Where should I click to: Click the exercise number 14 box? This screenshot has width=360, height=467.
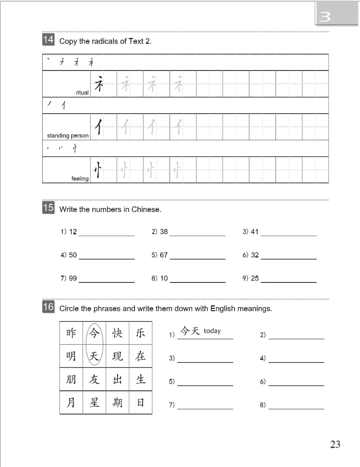pyautogui.click(x=48, y=40)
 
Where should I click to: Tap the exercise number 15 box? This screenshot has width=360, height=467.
pyautogui.click(x=48, y=208)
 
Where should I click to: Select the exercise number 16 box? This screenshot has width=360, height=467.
pyautogui.click(x=48, y=307)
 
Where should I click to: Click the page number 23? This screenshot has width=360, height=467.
pyautogui.click(x=335, y=444)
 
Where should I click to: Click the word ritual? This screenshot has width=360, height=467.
pyautogui.click(x=82, y=93)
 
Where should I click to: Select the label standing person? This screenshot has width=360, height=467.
pyautogui.click(x=68, y=136)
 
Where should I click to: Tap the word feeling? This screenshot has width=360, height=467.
pyautogui.click(x=80, y=178)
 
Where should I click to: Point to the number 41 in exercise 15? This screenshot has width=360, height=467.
pyautogui.click(x=254, y=231)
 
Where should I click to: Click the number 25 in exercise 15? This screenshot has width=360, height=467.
pyautogui.click(x=254, y=278)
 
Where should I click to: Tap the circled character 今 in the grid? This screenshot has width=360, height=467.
pyautogui.click(x=94, y=333)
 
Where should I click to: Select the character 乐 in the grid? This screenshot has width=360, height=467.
pyautogui.click(x=140, y=333)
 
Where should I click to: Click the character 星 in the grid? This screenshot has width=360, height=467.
pyautogui.click(x=94, y=402)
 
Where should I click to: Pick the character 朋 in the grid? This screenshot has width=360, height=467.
pyautogui.click(x=71, y=379)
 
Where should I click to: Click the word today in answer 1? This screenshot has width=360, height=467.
pyautogui.click(x=212, y=331)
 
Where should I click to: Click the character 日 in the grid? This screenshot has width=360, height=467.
pyautogui.click(x=140, y=402)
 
